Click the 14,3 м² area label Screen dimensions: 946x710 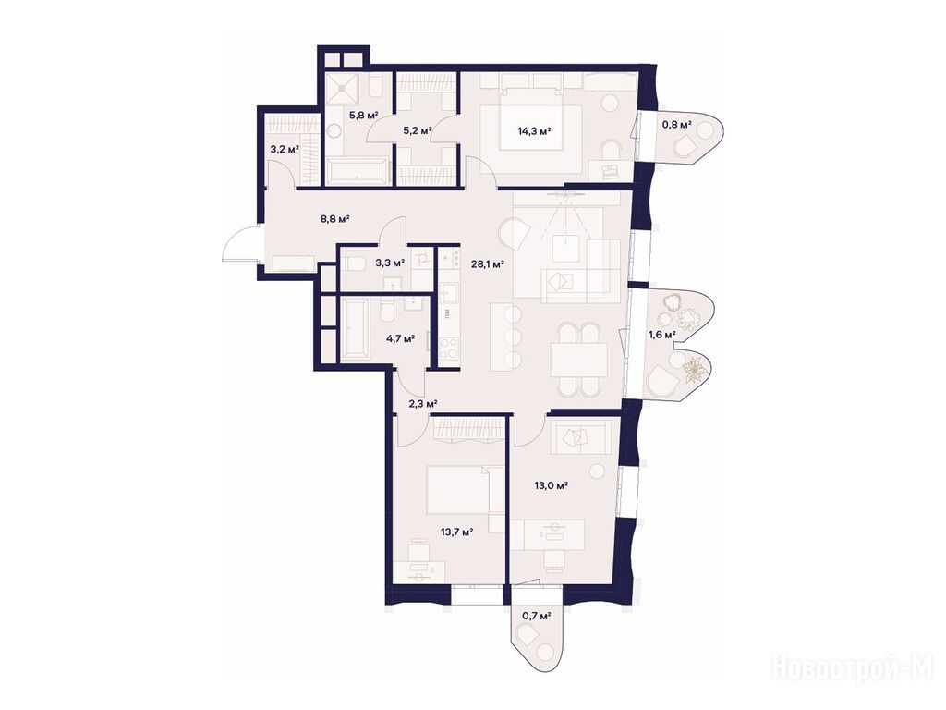pyautogui.click(x=535, y=130)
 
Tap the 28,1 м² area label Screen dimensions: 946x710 pyautogui.click(x=488, y=263)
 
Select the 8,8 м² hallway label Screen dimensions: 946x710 pyautogui.click(x=334, y=219)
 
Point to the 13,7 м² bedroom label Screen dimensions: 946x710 pyautogui.click(x=456, y=532)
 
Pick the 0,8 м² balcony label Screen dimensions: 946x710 pyautogui.click(x=676, y=125)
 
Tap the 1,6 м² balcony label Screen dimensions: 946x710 pyautogui.click(x=661, y=334)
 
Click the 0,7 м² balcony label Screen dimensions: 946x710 pyautogui.click(x=537, y=616)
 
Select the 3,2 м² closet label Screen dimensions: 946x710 pyautogui.click(x=285, y=148)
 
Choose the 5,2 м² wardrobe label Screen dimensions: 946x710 pyautogui.click(x=418, y=129)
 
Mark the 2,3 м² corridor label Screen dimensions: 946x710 pyautogui.click(x=422, y=403)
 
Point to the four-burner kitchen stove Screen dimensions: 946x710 pyautogui.click(x=448, y=349)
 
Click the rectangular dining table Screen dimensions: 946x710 pyautogui.click(x=578, y=361)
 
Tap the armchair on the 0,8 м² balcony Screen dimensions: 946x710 pyautogui.click(x=685, y=146)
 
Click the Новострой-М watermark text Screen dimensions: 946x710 pyautogui.click(x=852, y=668)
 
